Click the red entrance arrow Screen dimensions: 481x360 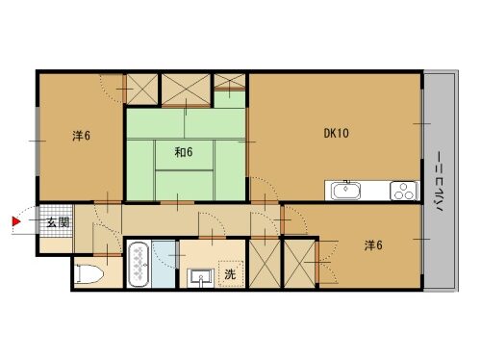coord(16,221)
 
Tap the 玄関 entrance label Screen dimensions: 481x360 coord(58,222)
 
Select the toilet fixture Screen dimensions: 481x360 coord(89,274)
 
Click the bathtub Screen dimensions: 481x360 coord(139,265)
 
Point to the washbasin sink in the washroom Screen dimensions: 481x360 coord(201,277)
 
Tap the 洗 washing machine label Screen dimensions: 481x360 coord(230,274)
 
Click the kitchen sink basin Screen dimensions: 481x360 coord(346,191)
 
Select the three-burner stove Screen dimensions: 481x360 coord(404,191)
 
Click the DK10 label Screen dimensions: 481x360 coord(336,133)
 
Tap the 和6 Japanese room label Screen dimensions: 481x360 coord(184,152)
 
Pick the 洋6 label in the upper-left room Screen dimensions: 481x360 coord(81,136)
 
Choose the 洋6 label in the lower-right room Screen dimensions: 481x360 coord(373,245)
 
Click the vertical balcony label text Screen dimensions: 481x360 coord(440,181)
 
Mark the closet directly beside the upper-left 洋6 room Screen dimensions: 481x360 coord(142,89)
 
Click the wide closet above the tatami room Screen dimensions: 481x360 coord(186,89)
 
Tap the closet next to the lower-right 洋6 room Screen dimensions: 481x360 coord(300,264)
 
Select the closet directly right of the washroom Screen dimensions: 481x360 coord(265,264)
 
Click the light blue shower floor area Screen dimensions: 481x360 coord(164,264)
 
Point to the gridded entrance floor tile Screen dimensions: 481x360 coord(56,221)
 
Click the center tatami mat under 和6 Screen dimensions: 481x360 coord(185,155)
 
